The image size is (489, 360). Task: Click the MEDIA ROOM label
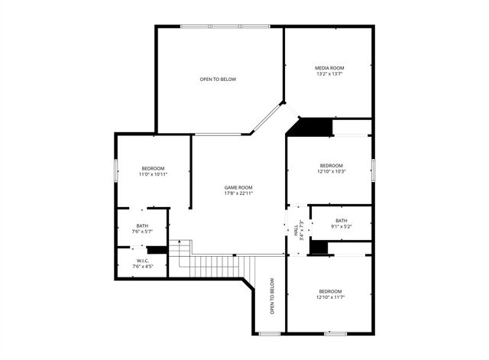[x=330, y=68]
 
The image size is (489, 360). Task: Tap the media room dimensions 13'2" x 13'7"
[x=330, y=74]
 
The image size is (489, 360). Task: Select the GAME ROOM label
[x=238, y=187]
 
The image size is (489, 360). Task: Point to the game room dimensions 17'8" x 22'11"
[x=238, y=193]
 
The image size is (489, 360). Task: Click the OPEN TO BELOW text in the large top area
[x=218, y=79]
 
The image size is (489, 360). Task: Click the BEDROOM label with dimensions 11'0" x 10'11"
[x=153, y=168]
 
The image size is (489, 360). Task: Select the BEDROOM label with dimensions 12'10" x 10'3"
[x=331, y=165]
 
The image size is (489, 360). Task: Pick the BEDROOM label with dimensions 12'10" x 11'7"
[x=331, y=291]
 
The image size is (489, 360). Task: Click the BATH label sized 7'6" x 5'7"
[x=142, y=225]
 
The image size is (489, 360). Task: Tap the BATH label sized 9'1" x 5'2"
[x=341, y=220]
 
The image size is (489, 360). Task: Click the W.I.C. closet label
[x=142, y=261]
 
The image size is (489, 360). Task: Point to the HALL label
[x=296, y=227]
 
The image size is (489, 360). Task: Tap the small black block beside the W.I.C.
[x=157, y=249]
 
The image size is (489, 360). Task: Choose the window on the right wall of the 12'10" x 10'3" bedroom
[x=372, y=170]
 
